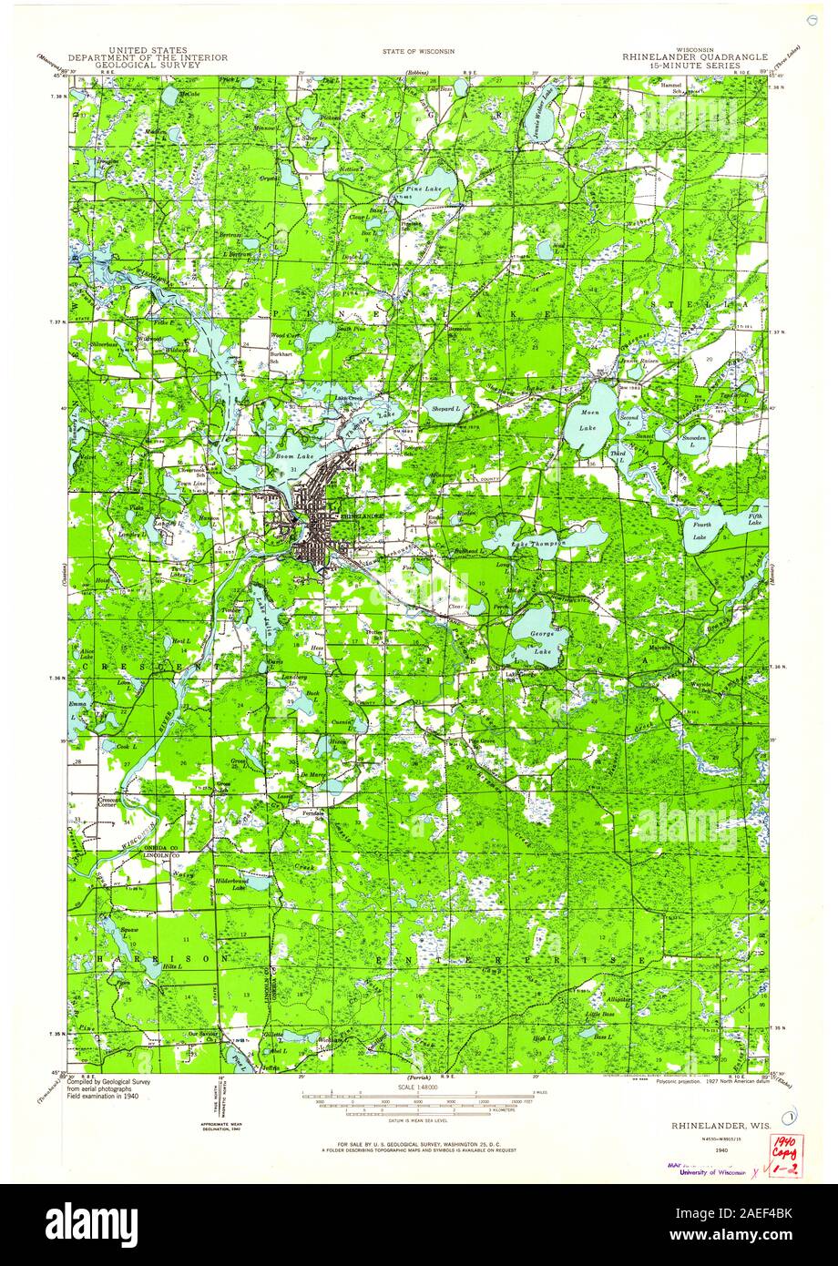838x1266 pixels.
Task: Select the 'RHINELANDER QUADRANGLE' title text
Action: [x=695, y=56]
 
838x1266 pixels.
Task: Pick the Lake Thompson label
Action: [x=537, y=543]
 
